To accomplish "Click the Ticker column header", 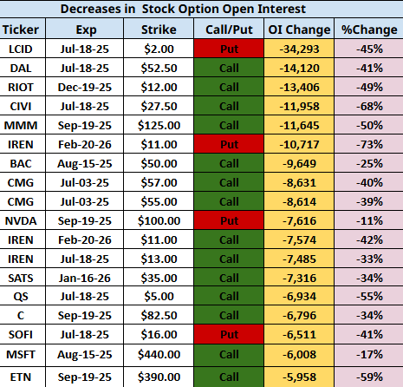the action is point(21,30).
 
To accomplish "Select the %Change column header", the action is point(369,30).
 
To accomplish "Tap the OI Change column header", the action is point(299,30).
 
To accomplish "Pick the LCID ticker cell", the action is point(21,49).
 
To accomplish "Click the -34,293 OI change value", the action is point(299,49).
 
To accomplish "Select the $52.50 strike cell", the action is point(159,69).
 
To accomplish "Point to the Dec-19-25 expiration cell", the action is point(84,88).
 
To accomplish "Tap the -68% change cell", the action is point(369,107).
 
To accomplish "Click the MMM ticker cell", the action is point(21,126).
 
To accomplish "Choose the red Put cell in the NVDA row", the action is point(229,220).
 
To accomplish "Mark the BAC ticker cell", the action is point(21,164).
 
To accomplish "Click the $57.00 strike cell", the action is point(159,183).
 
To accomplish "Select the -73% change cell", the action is point(369,145).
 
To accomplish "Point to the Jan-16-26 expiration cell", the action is point(84,279).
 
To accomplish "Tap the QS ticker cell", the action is point(21,297).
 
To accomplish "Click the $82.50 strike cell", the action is point(159,316).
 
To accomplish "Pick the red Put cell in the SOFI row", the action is point(229,334).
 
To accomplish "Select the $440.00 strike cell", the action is point(159,355).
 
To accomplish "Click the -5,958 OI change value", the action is point(299,377).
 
